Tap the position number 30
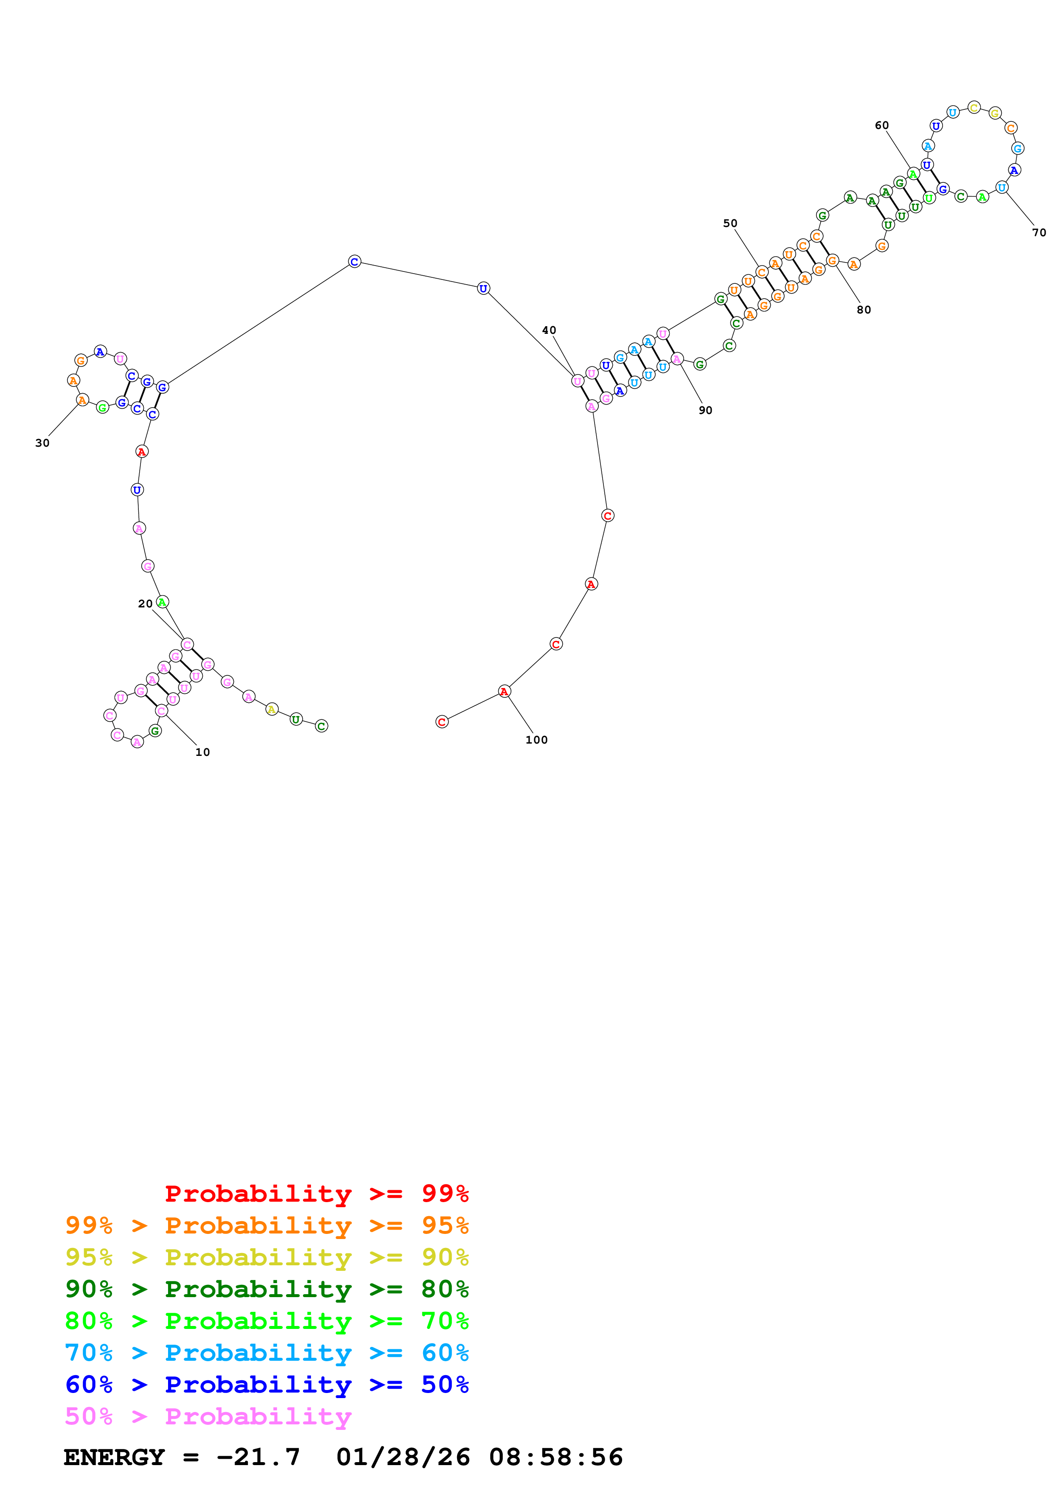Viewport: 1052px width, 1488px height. click(42, 443)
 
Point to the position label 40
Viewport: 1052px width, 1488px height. click(549, 330)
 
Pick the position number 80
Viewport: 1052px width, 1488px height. click(864, 310)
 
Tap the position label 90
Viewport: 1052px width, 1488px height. click(705, 410)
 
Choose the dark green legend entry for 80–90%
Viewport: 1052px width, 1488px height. click(267, 1289)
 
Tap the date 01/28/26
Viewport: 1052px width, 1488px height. click(403, 1457)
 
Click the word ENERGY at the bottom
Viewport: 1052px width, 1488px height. click(114, 1457)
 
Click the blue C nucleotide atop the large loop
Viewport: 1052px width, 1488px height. click(354, 261)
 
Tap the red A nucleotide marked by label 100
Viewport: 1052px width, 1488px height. click(504, 691)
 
